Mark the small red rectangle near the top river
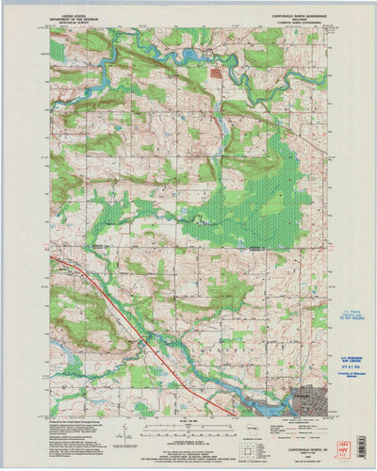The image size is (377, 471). [215, 71]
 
